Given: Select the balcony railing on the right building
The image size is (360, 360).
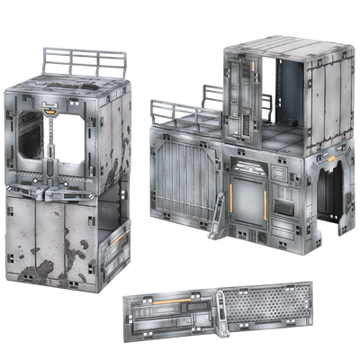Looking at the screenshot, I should pos(175,109).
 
